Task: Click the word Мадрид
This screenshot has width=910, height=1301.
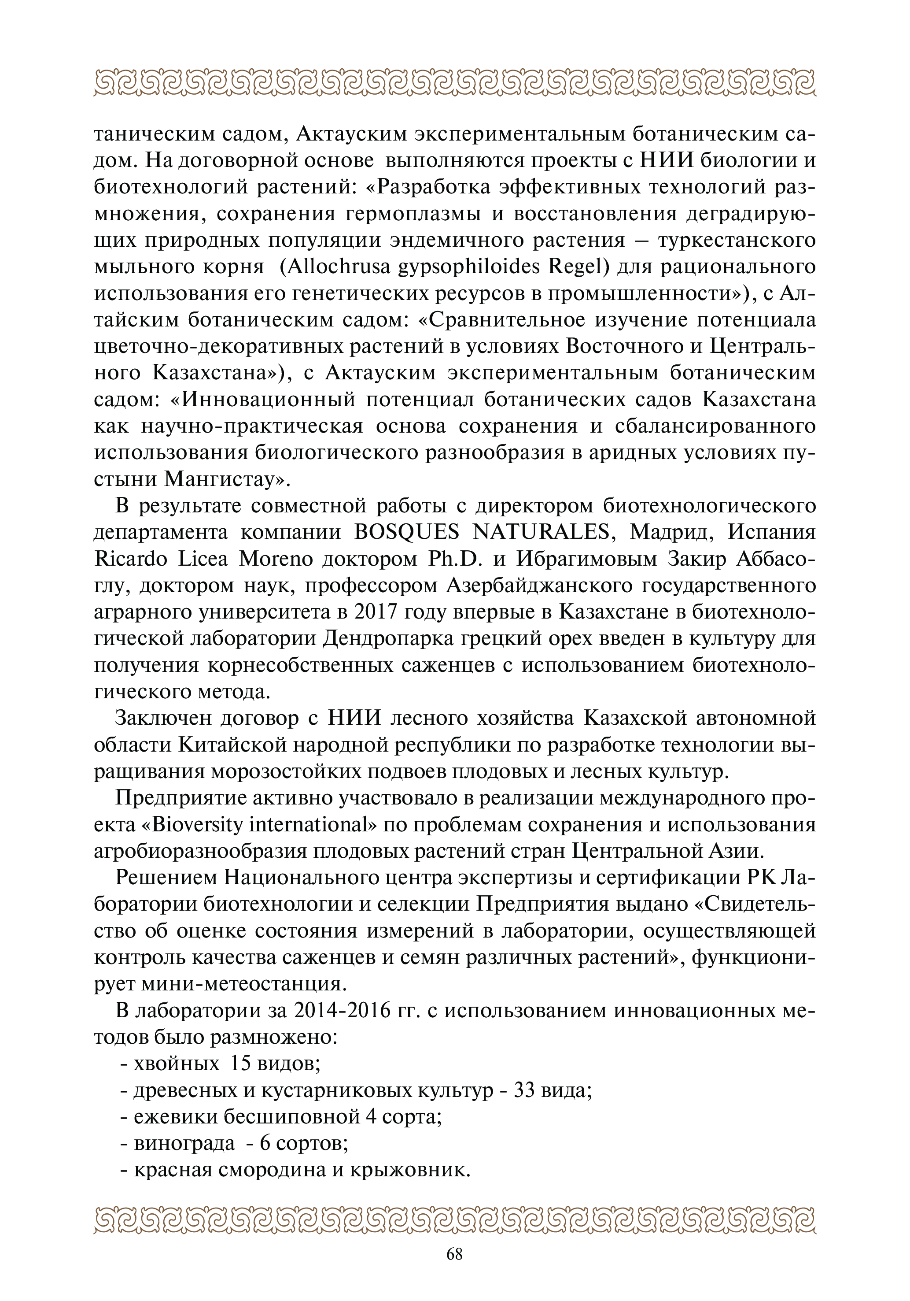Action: (670, 533)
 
